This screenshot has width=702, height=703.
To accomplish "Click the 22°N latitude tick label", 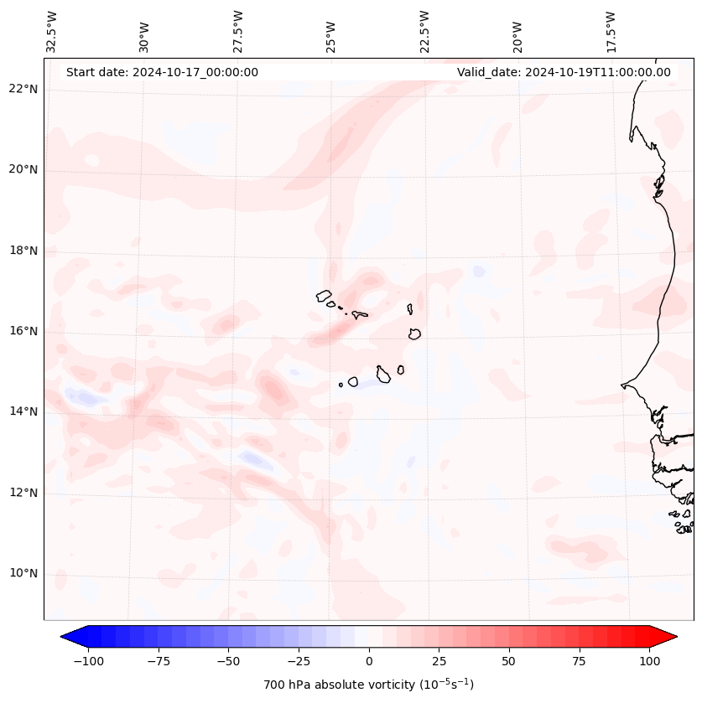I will (23, 89).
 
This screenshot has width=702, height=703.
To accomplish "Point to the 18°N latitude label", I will (23, 251).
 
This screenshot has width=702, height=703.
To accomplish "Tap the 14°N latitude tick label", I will (23, 411).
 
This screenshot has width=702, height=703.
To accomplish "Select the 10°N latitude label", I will (23, 574).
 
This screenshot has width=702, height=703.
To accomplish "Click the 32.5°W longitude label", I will (52, 32).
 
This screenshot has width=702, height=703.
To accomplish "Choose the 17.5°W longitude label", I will (611, 32).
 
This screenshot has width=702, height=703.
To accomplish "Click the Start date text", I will (162, 72).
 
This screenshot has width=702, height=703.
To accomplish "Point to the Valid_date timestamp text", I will (564, 72).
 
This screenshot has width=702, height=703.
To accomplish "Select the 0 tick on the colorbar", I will (369, 661).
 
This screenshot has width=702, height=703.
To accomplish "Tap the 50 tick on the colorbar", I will (509, 661).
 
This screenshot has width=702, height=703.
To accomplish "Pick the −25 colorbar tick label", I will (299, 661).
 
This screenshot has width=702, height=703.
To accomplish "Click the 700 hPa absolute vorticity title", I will (368, 685).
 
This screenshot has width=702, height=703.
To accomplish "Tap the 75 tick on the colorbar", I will (579, 661).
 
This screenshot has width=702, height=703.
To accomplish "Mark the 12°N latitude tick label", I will (23, 493).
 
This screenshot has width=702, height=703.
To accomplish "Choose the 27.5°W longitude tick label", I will (238, 32).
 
